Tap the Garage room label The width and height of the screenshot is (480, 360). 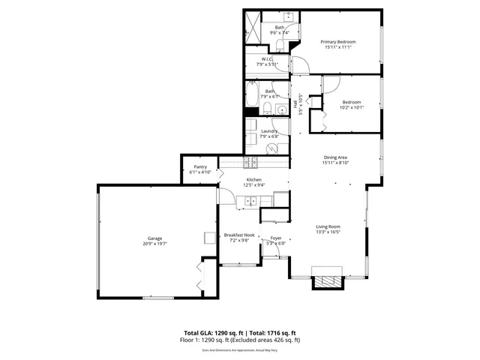[x=154, y=239]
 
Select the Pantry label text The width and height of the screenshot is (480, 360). [x=200, y=166]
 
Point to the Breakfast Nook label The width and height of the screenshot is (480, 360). [x=239, y=235]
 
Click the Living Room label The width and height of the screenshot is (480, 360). [x=328, y=226]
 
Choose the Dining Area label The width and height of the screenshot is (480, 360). [x=335, y=157]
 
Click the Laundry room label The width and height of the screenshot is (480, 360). [x=269, y=131]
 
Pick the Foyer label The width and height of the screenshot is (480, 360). [x=276, y=238]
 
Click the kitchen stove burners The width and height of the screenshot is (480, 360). [x=250, y=163]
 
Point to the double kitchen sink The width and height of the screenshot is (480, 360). [x=250, y=200]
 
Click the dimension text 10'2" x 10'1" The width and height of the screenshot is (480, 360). [x=352, y=107]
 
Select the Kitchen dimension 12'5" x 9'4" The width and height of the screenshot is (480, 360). [x=254, y=186]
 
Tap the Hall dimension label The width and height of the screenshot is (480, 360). [x=301, y=104]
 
